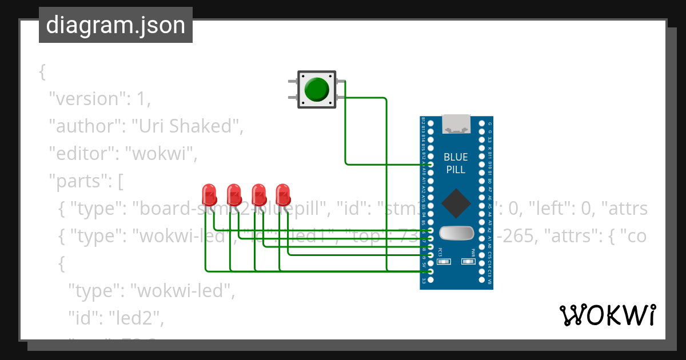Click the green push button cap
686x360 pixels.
[316, 90]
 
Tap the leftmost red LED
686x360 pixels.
[209, 194]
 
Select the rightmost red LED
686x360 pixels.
[283, 194]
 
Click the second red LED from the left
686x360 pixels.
[234, 194]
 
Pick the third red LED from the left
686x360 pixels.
[258, 194]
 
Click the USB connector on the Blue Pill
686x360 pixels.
[456, 123]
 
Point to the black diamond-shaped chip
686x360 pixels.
[456, 203]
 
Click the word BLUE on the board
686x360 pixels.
[456, 157]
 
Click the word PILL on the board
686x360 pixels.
[456, 170]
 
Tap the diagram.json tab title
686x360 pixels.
[115, 25]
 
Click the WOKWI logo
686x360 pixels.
[607, 315]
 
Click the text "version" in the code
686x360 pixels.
[86, 99]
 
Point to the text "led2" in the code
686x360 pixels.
[136, 319]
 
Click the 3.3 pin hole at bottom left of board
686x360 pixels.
[431, 281]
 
